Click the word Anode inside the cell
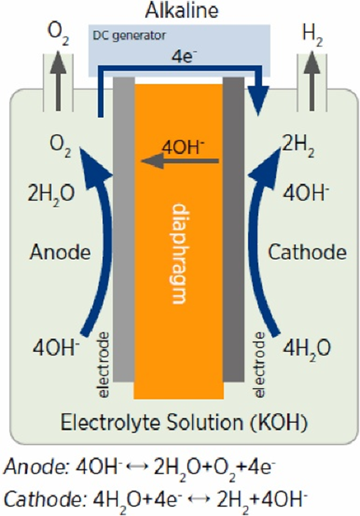[59, 252]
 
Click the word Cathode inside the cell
[306, 252]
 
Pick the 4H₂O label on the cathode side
[306, 346]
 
